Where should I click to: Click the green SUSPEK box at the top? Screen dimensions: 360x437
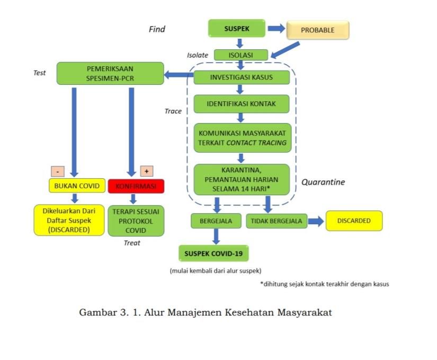(x=236, y=29)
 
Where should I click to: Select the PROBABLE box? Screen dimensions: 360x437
(x=318, y=30)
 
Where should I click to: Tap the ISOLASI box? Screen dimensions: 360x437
(x=240, y=55)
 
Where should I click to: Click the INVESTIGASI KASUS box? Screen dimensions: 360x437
(x=241, y=77)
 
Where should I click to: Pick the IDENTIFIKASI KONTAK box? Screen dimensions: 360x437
(x=241, y=104)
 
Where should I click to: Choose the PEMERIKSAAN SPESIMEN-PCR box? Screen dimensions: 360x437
(x=110, y=73)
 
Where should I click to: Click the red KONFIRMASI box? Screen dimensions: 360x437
(x=136, y=186)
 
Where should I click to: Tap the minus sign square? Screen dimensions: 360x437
(x=57, y=171)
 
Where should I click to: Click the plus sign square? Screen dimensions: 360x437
(x=146, y=171)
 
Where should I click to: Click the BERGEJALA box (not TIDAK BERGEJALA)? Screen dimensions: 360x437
(x=216, y=221)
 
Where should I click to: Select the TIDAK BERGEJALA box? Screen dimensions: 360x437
(x=277, y=221)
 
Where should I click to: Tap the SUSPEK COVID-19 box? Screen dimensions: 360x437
(x=213, y=254)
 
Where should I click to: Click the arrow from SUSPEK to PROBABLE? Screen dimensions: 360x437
(x=276, y=29)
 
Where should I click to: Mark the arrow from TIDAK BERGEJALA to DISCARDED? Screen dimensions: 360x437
(x=316, y=221)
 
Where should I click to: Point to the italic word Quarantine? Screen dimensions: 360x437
(x=323, y=182)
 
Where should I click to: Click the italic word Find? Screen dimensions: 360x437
(x=157, y=29)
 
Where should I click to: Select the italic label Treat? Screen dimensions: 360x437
(x=132, y=243)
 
